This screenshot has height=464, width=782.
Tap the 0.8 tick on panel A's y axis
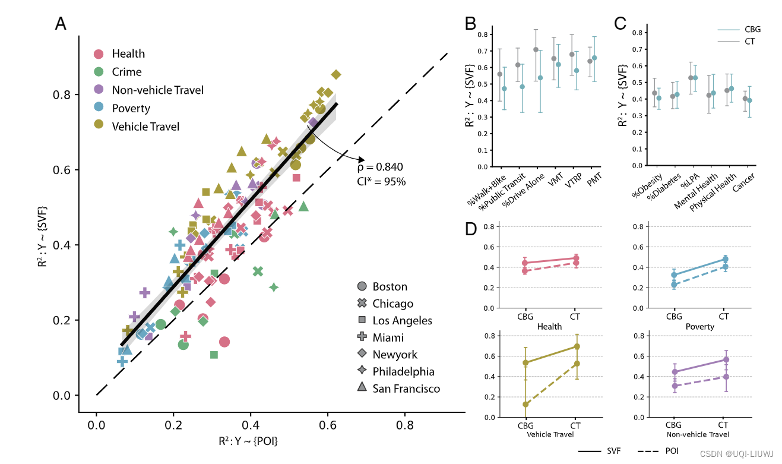(x=62, y=95)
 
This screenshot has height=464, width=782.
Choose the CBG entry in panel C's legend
(x=752, y=29)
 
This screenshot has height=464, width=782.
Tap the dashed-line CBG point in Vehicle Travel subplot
(x=525, y=404)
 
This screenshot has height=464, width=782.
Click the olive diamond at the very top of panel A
(x=336, y=74)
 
